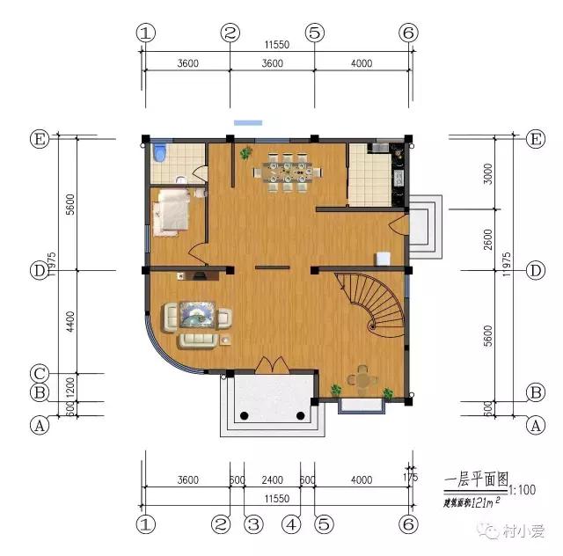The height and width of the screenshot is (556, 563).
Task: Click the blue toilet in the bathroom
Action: tap(158, 154)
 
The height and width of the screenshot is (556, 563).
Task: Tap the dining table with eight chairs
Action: tap(284, 171)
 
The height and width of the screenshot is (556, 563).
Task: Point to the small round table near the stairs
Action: tap(362, 381)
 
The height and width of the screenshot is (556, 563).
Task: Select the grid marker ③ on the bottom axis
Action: tap(253, 525)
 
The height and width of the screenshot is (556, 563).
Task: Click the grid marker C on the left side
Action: tap(38, 373)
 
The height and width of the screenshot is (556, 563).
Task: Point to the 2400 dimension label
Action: tap(272, 479)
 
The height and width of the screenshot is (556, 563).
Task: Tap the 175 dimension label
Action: tap(410, 477)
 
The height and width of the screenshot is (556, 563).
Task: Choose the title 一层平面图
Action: tap(476, 479)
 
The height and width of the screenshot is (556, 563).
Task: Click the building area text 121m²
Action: tap(473, 502)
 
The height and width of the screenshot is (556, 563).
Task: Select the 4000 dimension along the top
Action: tap(361, 62)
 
